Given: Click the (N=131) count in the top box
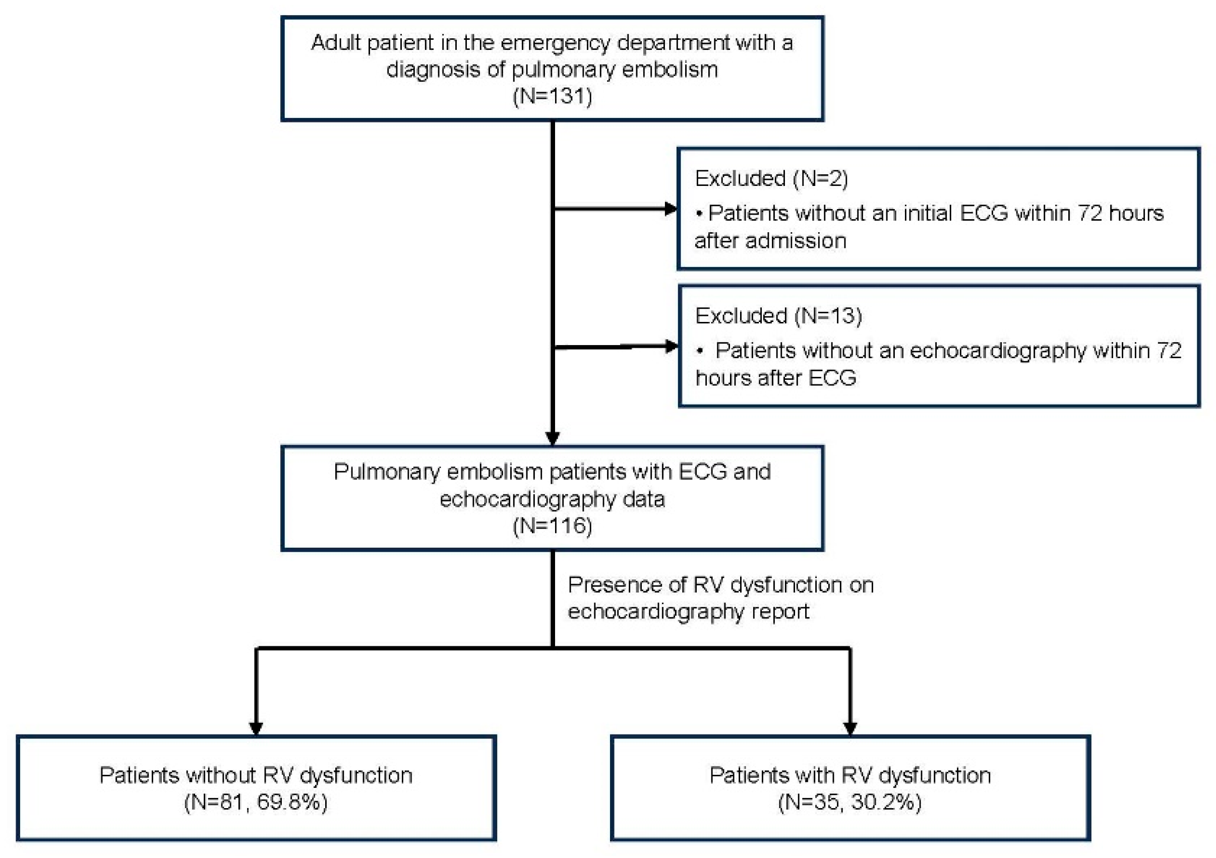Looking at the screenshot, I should [x=552, y=96].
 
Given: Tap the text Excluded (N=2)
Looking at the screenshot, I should [x=771, y=178].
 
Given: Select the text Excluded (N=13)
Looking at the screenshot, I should [x=778, y=316].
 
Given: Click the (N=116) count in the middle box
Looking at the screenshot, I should [x=552, y=525].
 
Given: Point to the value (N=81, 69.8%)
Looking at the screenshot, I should [x=256, y=803].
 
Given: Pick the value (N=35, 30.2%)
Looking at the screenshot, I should [x=849, y=803].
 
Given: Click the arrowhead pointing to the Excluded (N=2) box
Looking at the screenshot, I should [x=671, y=209].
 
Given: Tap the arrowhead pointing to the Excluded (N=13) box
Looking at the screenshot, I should [x=671, y=347].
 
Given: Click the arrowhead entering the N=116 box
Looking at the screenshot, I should [x=553, y=439].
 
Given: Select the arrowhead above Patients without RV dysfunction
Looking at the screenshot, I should [x=256, y=729].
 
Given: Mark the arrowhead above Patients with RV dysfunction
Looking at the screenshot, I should [x=850, y=729].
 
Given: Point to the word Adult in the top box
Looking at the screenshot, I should [x=336, y=42].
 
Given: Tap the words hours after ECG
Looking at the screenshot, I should [x=775, y=378].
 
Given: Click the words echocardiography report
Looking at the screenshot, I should [x=688, y=612].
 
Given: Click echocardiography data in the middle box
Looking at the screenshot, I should [x=552, y=499].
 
